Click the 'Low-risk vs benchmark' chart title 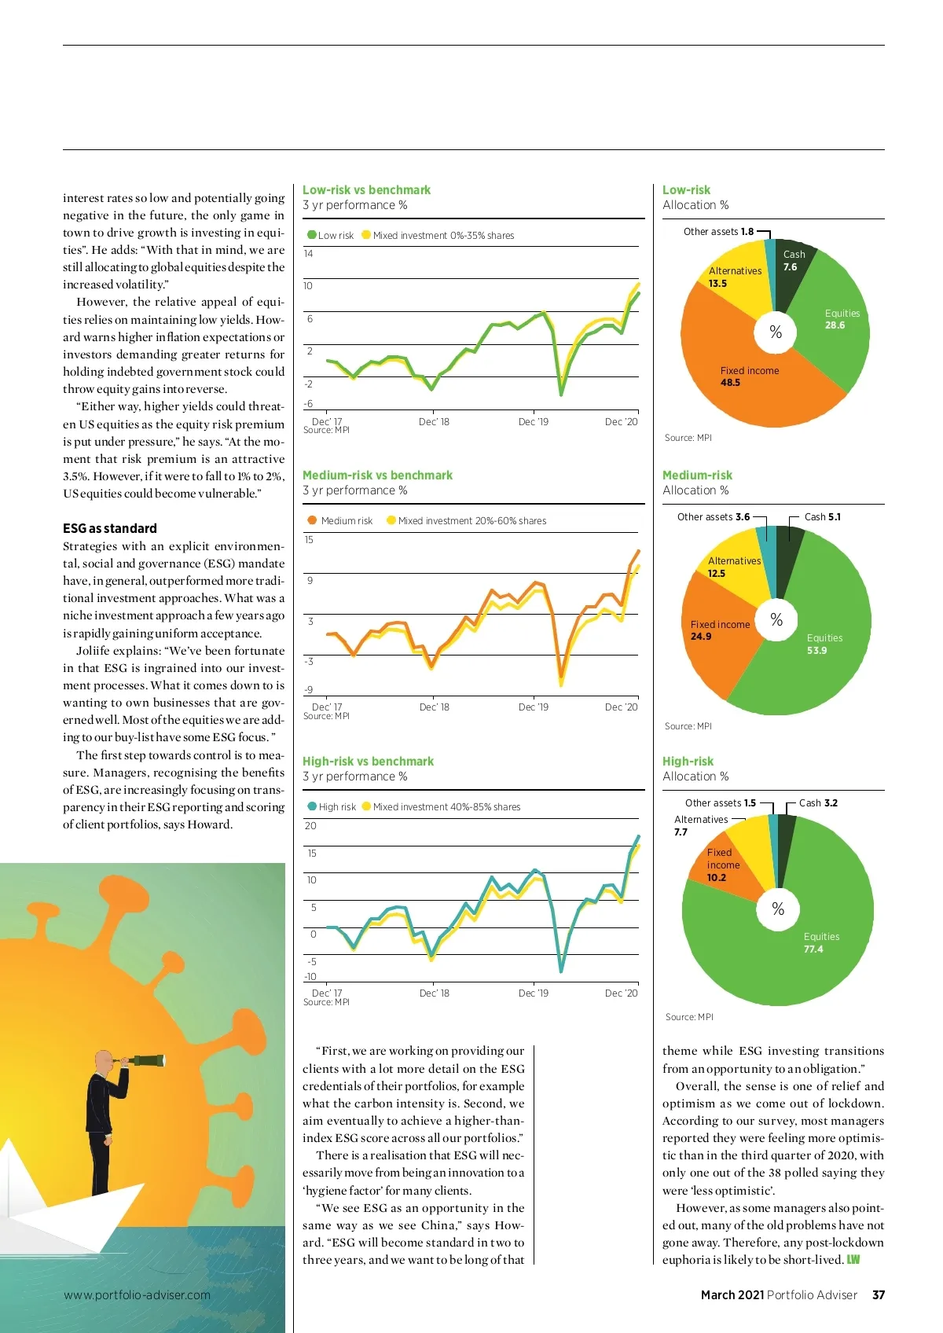[366, 190]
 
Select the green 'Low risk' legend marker [312, 235]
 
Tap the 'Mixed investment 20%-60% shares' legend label [472, 521]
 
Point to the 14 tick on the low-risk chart [308, 254]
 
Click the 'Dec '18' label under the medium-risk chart [435, 707]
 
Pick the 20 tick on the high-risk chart [310, 826]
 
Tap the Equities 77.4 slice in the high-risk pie [817, 959]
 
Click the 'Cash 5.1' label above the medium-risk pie [822, 517]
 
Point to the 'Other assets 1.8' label [718, 232]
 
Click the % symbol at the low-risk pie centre [776, 332]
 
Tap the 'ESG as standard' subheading [110, 528]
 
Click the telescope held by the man [145, 1060]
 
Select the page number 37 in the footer [879, 1294]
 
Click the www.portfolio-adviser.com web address [137, 1294]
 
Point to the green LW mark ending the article [853, 1260]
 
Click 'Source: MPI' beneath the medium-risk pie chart [688, 726]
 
